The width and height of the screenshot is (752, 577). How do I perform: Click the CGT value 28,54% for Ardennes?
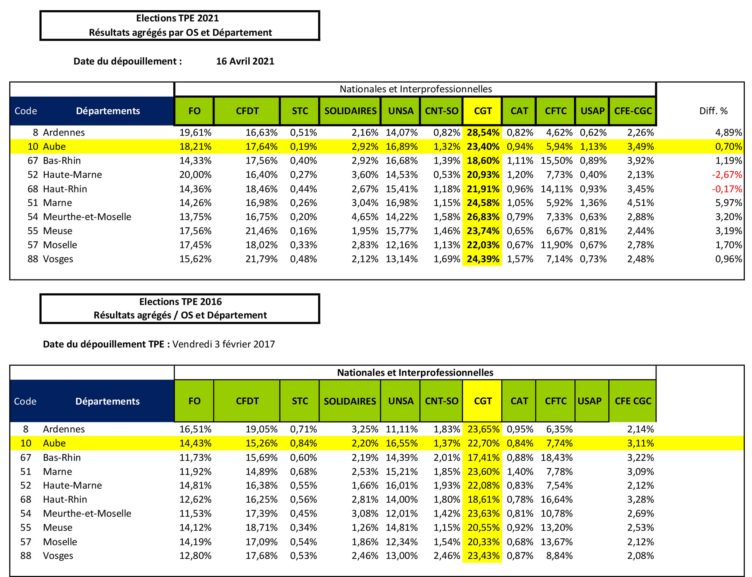(x=483, y=133)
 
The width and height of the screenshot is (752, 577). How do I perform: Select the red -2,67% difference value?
(x=727, y=175)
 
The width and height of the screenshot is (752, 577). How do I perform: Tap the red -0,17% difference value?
(x=727, y=189)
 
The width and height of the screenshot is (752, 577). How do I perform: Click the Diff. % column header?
(x=713, y=111)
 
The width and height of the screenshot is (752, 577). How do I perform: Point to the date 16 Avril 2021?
(x=245, y=61)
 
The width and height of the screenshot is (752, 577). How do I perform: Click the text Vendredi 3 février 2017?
(x=224, y=344)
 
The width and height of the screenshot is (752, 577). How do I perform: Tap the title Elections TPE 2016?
(x=180, y=302)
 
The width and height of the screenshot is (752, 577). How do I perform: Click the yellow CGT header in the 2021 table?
(x=482, y=111)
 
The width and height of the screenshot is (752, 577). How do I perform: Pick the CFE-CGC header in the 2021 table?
(x=633, y=111)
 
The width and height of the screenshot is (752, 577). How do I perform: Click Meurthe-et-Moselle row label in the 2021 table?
(x=87, y=217)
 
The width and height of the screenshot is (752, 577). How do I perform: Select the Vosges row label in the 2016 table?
(x=58, y=556)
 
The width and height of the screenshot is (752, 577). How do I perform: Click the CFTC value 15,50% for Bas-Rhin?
(x=556, y=161)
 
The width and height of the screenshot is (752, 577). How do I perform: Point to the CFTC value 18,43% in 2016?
(x=556, y=457)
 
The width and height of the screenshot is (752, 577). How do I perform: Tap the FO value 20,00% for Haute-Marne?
(x=195, y=175)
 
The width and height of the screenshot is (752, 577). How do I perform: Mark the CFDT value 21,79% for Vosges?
(x=261, y=259)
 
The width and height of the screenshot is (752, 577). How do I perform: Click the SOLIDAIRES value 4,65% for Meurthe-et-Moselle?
(x=364, y=217)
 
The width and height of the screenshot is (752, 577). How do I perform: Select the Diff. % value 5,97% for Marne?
(x=729, y=203)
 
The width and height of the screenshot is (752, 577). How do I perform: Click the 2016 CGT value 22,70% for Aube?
(x=483, y=443)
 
